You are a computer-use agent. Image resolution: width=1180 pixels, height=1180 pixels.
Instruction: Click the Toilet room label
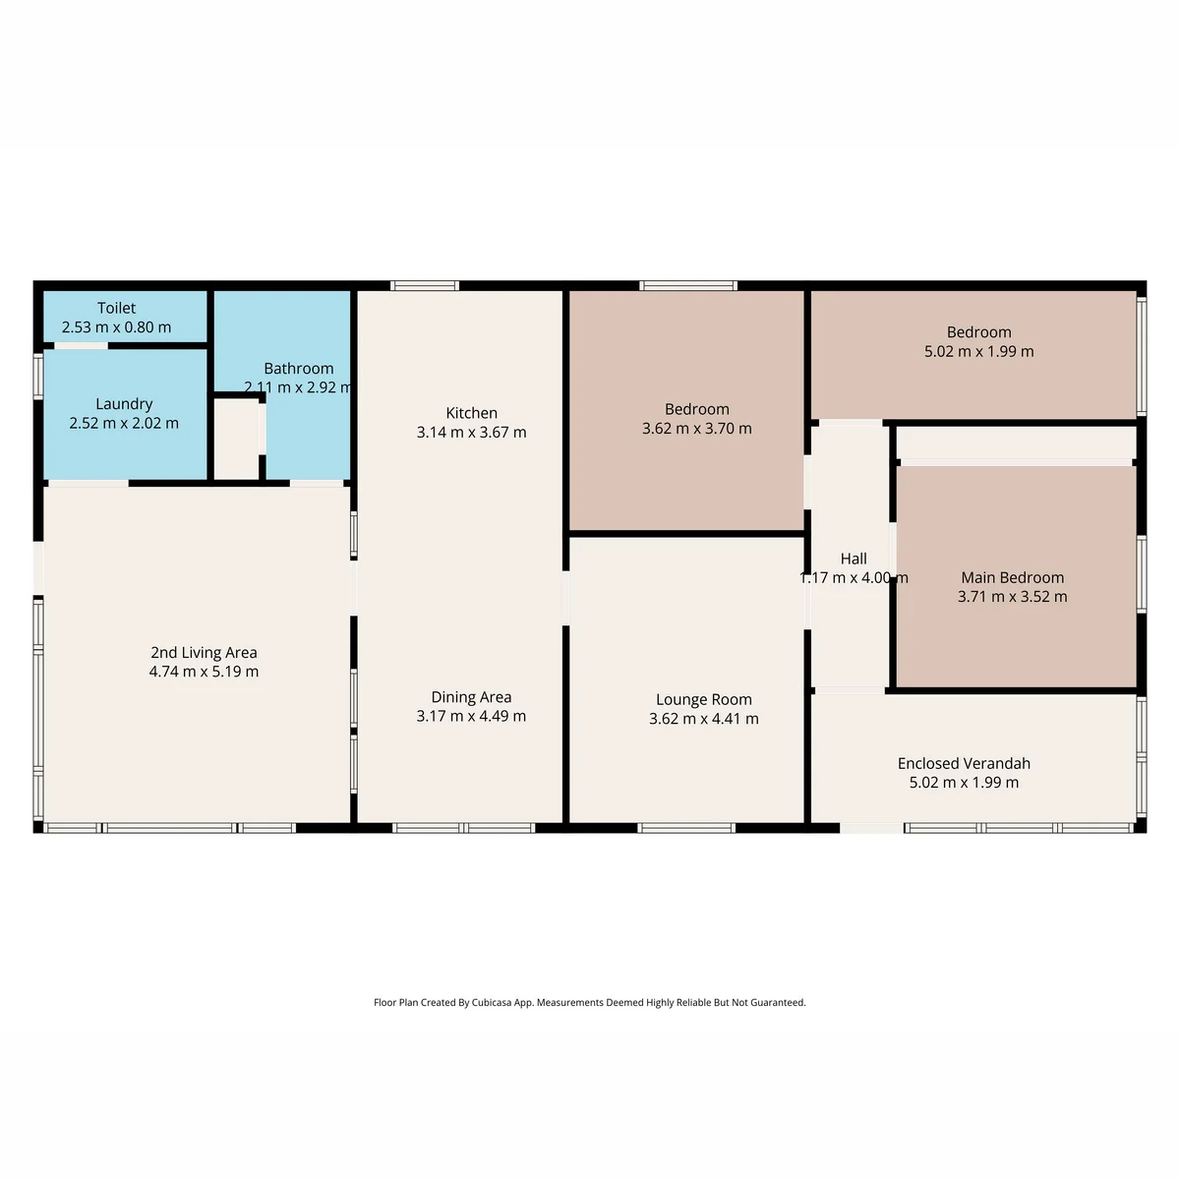pos(116,308)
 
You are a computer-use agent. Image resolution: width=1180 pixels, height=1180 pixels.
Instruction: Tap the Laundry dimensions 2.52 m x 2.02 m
pos(124,423)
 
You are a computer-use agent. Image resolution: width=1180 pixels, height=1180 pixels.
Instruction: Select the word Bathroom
pos(299,368)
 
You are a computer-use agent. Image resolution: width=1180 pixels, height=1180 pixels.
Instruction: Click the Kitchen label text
pos(472,413)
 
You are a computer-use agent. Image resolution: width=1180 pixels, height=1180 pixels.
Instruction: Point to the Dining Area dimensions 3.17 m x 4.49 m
pos(472,716)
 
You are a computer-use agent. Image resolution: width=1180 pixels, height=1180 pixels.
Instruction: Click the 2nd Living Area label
pos(204,652)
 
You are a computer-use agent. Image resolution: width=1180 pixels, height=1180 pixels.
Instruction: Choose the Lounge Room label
pos(704,699)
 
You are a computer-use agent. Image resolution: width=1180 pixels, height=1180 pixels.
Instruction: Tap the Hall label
pos(854,559)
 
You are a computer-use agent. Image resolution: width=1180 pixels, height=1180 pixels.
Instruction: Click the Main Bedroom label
pos(1013,577)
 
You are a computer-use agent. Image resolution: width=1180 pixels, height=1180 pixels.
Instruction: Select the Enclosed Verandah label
pos(965,763)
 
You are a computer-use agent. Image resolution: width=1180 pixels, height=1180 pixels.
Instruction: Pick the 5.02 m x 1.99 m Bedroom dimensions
pos(979,351)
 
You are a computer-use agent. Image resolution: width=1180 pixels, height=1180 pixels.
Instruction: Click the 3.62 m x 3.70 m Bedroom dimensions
pos(697,429)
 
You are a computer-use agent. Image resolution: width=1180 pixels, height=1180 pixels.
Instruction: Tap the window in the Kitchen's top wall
pos(425,285)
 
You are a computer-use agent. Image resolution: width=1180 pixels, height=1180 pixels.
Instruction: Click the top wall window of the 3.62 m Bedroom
pos(688,285)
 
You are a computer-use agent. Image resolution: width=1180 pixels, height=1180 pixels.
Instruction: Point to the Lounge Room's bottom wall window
pos(686,829)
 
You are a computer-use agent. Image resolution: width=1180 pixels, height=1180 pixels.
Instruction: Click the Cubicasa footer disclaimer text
pos(590,1002)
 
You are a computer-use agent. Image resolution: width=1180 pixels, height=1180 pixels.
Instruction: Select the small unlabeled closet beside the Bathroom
pos(236,439)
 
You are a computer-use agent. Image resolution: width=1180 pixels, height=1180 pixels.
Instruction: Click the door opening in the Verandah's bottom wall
pos(871,829)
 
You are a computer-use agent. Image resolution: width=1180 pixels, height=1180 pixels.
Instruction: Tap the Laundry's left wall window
pos(38,377)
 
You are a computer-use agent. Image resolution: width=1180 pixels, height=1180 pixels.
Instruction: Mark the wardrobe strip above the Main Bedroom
pos(1016,442)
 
